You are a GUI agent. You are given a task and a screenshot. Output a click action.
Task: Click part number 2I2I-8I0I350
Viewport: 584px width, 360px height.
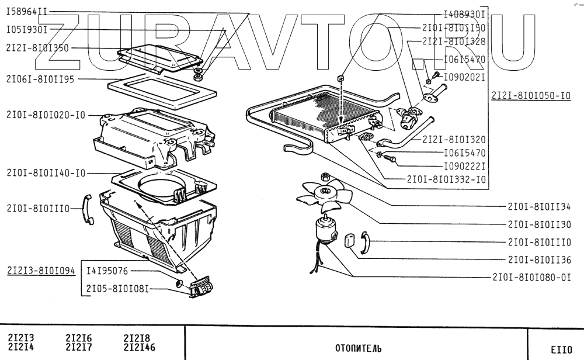click(37, 49)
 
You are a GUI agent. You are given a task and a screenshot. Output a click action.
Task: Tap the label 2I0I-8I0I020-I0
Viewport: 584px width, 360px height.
click(46, 115)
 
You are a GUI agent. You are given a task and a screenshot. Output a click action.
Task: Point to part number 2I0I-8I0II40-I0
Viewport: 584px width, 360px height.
click(46, 172)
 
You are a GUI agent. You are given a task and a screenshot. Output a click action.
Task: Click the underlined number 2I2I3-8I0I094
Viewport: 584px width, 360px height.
click(41, 271)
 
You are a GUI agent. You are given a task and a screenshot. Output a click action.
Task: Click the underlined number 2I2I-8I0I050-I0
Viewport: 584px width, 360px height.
click(530, 95)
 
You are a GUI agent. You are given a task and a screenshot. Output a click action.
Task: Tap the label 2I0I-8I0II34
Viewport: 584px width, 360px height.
click(538, 206)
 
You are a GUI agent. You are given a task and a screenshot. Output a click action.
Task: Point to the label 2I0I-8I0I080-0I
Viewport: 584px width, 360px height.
click(531, 278)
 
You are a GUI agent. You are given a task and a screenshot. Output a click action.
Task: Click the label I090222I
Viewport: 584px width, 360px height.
click(465, 166)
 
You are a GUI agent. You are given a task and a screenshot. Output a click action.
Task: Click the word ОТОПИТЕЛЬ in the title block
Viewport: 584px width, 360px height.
click(358, 348)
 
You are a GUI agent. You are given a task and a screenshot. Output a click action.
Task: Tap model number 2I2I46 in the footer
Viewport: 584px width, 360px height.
click(140, 346)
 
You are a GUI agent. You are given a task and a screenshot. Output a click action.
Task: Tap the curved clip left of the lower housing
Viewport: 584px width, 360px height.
click(88, 209)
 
